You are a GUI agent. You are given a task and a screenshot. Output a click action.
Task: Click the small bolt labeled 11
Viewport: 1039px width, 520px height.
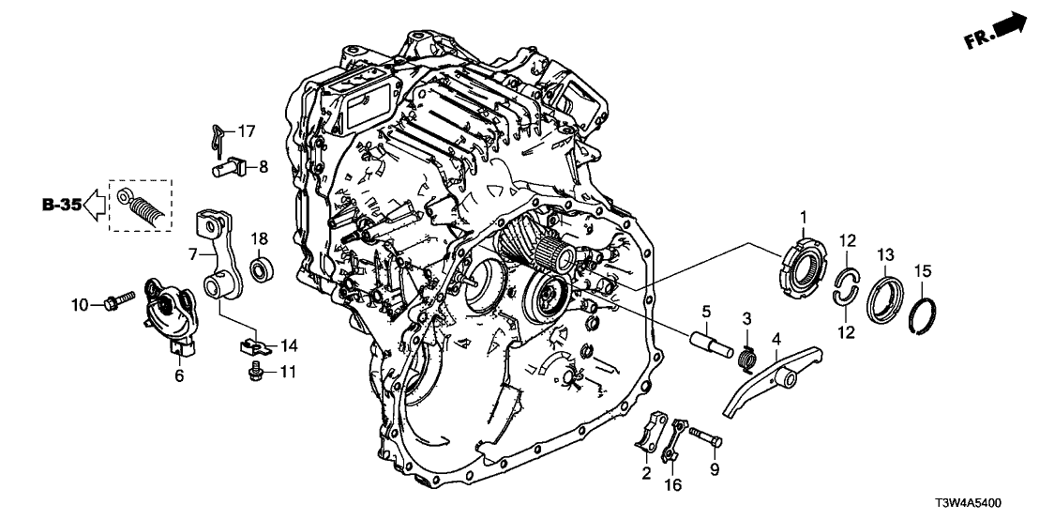coord(253,374)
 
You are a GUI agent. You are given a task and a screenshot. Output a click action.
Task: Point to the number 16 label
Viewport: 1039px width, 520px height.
coord(672,484)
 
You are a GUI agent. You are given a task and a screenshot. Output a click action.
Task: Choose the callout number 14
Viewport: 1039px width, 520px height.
coord(288,344)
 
